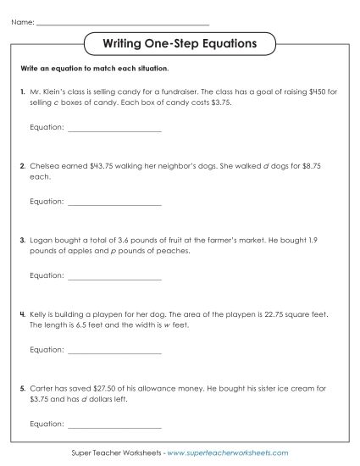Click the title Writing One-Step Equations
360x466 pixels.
tap(180, 42)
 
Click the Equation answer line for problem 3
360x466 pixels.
tap(114, 275)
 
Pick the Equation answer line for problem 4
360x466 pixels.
tap(114, 349)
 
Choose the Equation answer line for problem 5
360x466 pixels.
tap(114, 423)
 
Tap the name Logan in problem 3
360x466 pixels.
tap(42, 241)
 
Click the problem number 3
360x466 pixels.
tap(21, 241)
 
